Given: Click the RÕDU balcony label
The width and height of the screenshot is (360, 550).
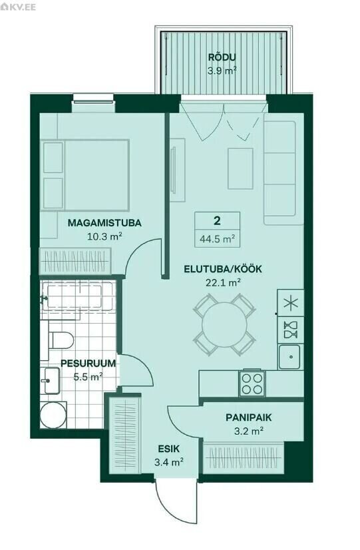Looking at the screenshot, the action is click(x=222, y=57).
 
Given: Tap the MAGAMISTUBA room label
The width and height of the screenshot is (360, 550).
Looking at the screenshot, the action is click(x=104, y=223).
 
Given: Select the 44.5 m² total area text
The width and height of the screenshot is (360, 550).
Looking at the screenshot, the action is click(x=218, y=239).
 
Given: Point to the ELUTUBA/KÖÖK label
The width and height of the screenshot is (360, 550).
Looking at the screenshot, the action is click(x=223, y=269).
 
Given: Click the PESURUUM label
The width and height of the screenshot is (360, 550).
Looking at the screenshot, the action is click(x=88, y=363).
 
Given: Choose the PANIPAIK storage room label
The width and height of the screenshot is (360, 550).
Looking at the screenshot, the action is click(x=248, y=417).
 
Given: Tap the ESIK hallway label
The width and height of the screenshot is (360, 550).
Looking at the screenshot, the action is click(x=168, y=449).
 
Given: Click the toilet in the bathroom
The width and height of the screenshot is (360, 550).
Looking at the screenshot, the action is click(x=61, y=340).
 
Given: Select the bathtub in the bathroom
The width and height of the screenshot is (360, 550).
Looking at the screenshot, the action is click(x=77, y=297).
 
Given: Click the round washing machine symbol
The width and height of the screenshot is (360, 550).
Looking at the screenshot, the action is click(x=53, y=415).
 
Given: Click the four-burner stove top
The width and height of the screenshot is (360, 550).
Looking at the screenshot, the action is click(x=252, y=384).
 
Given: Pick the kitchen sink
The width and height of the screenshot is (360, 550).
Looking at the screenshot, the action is click(x=289, y=357).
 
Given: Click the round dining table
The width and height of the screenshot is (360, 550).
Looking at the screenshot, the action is click(x=224, y=324).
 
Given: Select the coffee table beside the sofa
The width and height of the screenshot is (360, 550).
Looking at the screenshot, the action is click(x=240, y=168).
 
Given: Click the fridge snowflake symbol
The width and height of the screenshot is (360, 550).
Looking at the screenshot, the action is click(x=291, y=303).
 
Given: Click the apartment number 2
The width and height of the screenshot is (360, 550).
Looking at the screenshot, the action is click(x=218, y=221).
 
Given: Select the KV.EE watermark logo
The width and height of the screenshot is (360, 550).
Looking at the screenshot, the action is click(x=18, y=7).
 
